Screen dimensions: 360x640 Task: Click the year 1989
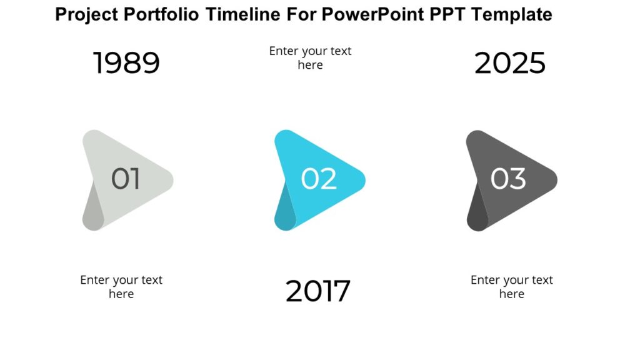coord(126,63)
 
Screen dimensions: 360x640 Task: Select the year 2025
coord(510,63)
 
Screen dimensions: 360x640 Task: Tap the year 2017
coord(318,291)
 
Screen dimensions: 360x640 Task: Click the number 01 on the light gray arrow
coord(126,179)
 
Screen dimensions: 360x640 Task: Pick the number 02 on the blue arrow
coord(319,179)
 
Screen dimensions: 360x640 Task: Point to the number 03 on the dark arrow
coord(508,179)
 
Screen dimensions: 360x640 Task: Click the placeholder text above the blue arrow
coord(310,57)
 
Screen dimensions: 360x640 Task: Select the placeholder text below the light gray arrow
coord(121,287)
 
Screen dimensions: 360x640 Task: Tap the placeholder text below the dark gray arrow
coord(511,287)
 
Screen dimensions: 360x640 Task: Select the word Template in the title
coord(512,14)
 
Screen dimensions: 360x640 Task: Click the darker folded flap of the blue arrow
coord(283,210)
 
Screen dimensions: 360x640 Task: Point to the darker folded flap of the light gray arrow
coord(91,210)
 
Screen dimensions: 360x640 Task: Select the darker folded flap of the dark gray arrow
coord(476,210)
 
